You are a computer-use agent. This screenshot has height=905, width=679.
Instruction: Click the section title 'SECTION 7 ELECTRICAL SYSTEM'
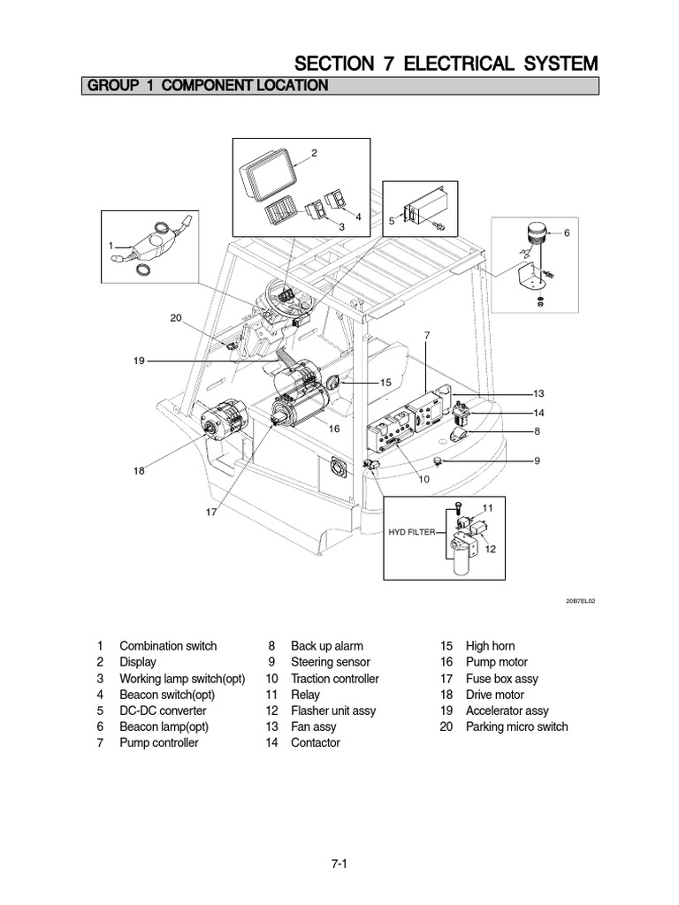pos(446,64)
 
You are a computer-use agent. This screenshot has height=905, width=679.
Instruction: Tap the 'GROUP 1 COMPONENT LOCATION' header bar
pos(205,86)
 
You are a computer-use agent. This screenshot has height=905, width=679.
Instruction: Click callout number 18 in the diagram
pos(138,471)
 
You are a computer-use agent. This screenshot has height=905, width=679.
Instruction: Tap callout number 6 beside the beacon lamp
pos(567,232)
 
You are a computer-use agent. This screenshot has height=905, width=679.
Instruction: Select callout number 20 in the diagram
pos(176,318)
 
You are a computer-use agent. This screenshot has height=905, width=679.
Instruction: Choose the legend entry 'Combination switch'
pos(168,646)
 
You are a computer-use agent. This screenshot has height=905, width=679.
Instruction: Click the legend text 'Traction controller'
pos(334,679)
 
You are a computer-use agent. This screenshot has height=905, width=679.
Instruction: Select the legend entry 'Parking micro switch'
pos(516,726)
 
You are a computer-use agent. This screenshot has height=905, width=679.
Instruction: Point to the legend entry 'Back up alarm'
pos(326,646)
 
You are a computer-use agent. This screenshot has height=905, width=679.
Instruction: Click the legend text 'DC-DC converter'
pos(163,711)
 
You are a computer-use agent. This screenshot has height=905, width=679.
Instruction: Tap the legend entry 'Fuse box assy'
pos(501,679)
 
